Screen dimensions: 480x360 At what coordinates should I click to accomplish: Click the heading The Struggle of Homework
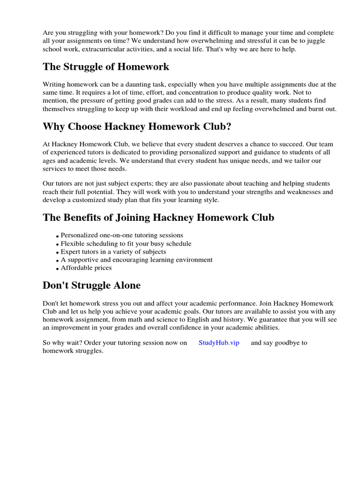[x=106, y=67]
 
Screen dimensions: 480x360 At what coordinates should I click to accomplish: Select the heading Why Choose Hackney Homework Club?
[x=137, y=127]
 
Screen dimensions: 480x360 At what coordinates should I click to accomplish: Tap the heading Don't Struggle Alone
[x=91, y=285]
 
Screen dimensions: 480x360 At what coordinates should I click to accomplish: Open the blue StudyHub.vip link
[x=219, y=343]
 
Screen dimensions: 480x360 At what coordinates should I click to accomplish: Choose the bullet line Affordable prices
[x=86, y=268]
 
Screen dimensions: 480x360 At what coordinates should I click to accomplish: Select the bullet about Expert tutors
[x=113, y=252]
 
